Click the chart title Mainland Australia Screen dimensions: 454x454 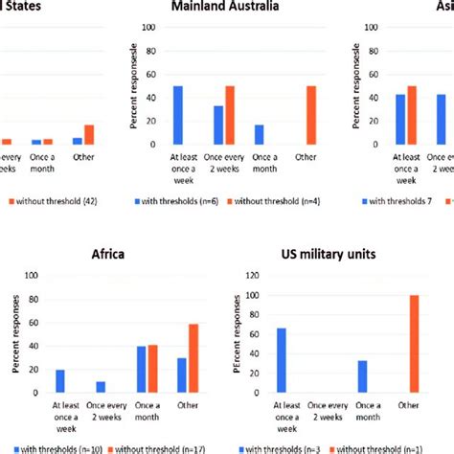pyautogui.click(x=227, y=9)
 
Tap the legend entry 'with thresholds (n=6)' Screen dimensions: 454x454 pyautogui.click(x=193, y=202)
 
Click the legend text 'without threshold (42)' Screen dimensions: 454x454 pyautogui.click(x=61, y=202)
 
